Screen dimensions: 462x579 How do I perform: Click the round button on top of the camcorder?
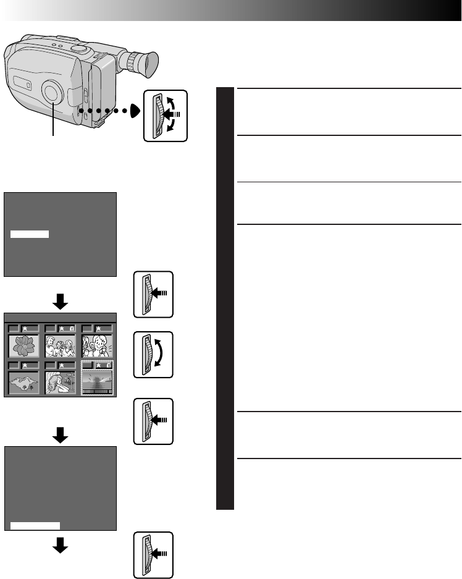click(x=78, y=48)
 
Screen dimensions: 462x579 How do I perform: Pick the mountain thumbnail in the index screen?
click(x=25, y=382)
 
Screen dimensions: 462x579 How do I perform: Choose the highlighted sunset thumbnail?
click(x=98, y=382)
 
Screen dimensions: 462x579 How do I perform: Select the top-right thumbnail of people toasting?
click(x=98, y=345)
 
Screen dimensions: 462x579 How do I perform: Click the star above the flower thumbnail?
click(x=25, y=328)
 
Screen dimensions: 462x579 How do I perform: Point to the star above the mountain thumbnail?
click(x=25, y=366)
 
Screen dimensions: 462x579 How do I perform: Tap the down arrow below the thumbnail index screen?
click(x=60, y=436)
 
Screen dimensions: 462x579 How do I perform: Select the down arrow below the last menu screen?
click(x=60, y=545)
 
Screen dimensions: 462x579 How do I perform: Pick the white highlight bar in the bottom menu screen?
click(x=35, y=525)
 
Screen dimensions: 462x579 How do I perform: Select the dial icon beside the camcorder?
click(x=165, y=116)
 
